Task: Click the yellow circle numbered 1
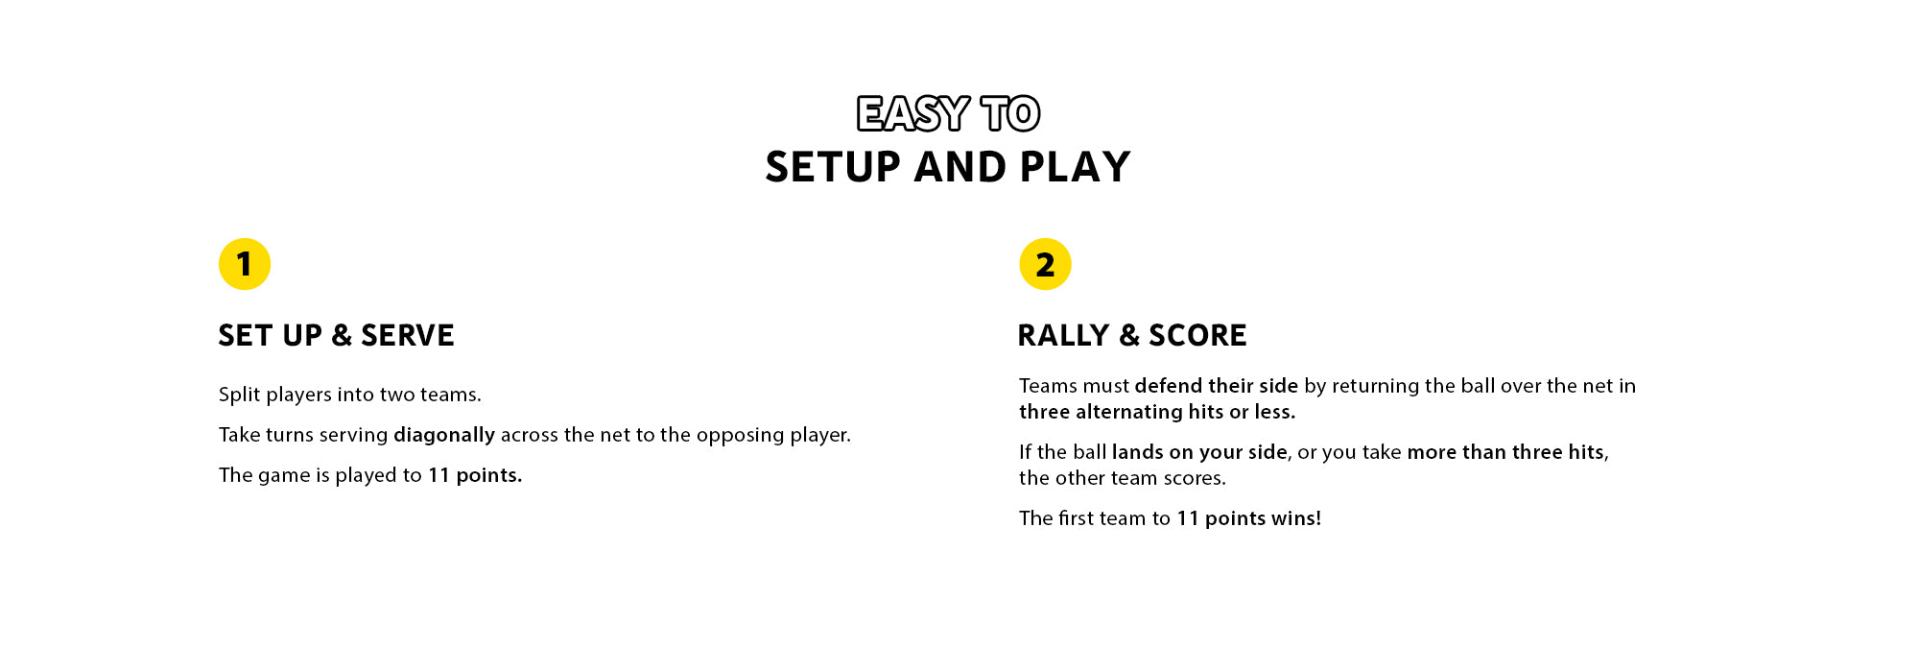coord(245,264)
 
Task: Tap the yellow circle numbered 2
coord(1045,264)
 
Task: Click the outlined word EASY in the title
coord(912,114)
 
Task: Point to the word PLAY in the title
coord(1076,167)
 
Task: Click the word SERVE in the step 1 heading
coord(408,335)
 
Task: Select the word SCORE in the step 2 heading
coord(1197,335)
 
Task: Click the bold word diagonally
coord(444,435)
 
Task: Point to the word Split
coord(240,395)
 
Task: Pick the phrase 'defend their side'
coord(1217,386)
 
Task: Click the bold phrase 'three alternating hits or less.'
coord(1157,412)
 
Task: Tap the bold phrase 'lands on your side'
coord(1199,452)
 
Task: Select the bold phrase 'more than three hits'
coord(1505,452)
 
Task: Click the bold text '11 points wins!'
coord(1249,518)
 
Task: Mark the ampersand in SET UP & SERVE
coord(342,335)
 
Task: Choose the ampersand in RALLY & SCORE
coord(1129,335)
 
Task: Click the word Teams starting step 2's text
coord(1049,386)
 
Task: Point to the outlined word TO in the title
coord(1010,114)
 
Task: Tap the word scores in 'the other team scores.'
coord(1195,478)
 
